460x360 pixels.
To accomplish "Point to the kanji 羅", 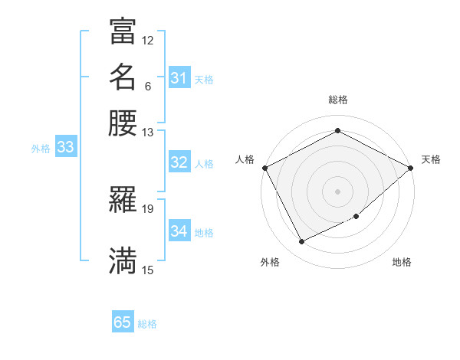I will tap(123, 201).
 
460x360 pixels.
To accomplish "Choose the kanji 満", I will tap(123, 260).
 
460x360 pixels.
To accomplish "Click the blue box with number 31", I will tap(179, 78).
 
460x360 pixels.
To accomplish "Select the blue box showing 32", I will tap(179, 162).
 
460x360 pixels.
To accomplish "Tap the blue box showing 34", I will tap(179, 231).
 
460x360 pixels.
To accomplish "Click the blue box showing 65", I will tap(123, 322).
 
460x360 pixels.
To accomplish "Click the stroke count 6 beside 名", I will tap(148, 86).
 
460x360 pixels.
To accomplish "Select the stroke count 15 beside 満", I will tap(147, 270).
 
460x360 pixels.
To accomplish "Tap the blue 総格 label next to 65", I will tap(147, 324).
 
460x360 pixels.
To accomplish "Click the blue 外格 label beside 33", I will tap(41, 149).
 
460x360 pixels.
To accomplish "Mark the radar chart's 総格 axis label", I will tap(337, 100).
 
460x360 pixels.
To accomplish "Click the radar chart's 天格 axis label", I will tap(431, 159).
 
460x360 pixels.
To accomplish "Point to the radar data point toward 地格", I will tap(356, 217).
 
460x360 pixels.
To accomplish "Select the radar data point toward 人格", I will tap(264, 167).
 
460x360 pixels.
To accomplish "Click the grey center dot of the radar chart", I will tap(337, 191).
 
